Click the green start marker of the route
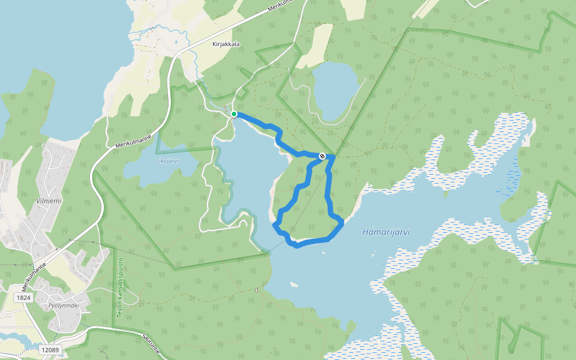tap(234, 114)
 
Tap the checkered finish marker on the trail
tap(322, 157)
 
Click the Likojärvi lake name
tap(167, 161)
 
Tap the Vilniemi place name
tap(49, 201)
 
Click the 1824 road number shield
tap(23, 298)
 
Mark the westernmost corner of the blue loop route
tap(274, 225)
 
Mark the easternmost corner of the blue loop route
tap(342, 223)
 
